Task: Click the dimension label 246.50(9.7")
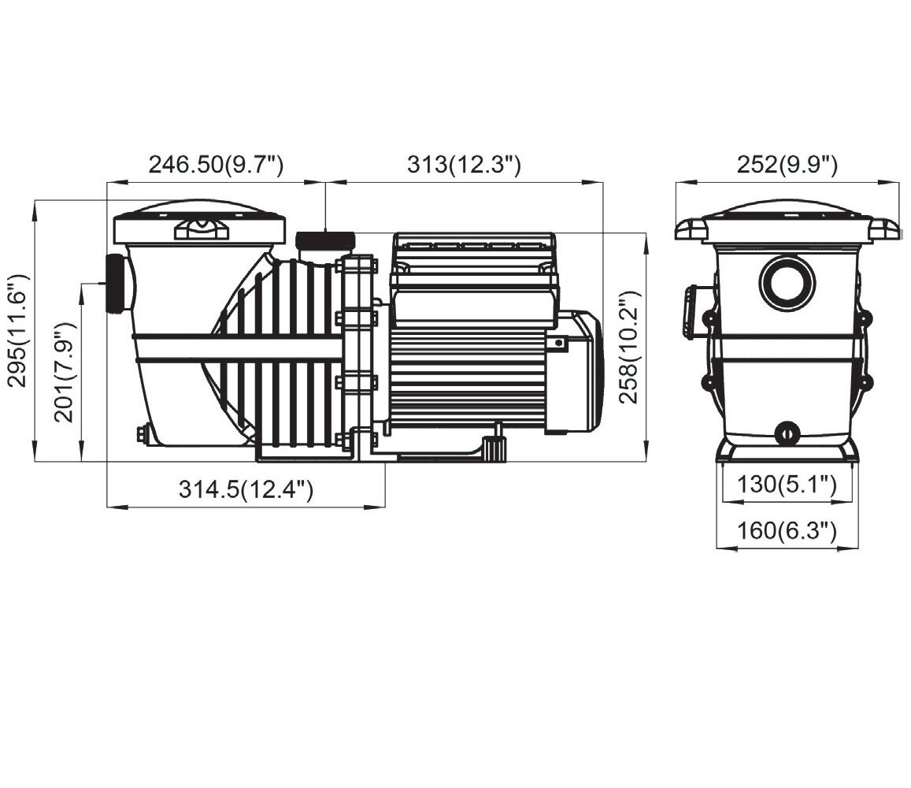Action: click(216, 165)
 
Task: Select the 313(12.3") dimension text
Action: click(464, 165)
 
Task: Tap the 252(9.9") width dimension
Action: click(787, 165)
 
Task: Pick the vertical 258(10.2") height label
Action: click(628, 348)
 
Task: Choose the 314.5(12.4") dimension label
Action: click(246, 489)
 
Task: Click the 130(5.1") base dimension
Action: click(787, 483)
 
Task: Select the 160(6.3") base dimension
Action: click(787, 530)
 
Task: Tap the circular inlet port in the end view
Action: click(787, 283)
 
